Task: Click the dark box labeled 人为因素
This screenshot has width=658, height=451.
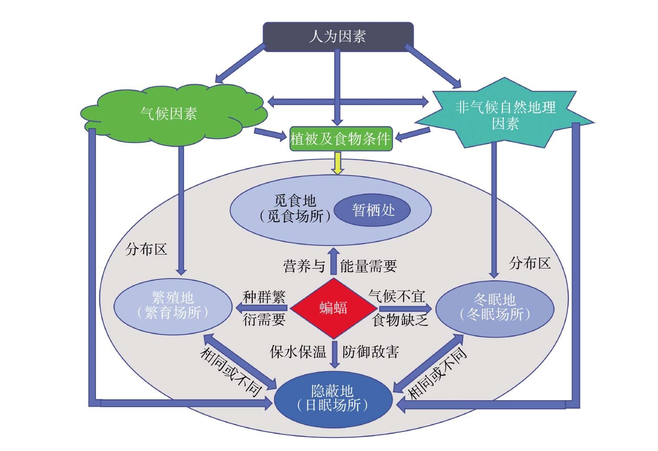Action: (338, 36)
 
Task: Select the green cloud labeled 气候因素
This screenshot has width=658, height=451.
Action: (169, 114)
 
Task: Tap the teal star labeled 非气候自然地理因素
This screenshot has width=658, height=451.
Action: (505, 115)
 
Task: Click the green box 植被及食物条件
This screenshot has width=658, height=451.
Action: (341, 139)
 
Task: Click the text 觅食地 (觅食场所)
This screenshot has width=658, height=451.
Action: (295, 209)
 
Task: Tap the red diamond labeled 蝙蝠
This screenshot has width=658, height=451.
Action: (333, 308)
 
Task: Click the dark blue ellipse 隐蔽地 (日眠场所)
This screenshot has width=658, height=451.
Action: (333, 398)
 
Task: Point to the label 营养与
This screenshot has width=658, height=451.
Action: (304, 266)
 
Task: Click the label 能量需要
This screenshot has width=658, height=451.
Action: (368, 266)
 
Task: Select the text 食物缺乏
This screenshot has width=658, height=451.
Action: (400, 320)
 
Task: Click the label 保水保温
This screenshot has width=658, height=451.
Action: (298, 352)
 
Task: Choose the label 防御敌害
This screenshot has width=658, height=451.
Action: (371, 352)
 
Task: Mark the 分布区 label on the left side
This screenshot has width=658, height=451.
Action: (146, 249)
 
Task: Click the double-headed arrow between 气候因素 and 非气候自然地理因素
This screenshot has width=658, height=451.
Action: (348, 103)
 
